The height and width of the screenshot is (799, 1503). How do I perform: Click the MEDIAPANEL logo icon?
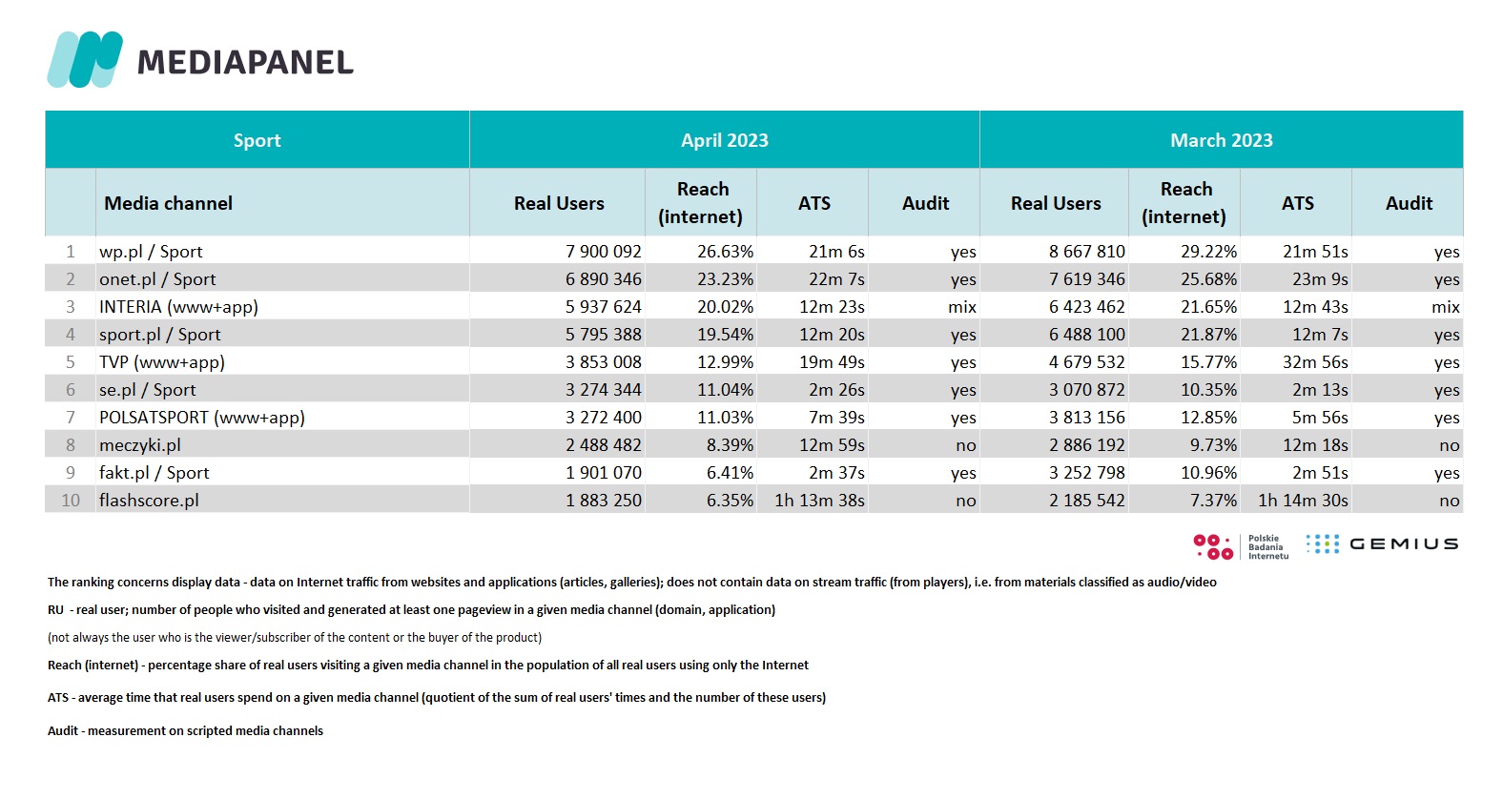85,59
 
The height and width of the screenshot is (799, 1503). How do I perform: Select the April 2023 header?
725,140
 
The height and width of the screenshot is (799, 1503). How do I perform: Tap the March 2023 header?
1221,140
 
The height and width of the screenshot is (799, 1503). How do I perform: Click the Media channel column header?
169,203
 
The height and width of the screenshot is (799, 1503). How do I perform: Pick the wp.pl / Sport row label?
151,252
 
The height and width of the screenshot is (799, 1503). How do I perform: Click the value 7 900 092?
604,252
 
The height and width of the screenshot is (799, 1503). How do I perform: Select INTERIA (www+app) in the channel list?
178,307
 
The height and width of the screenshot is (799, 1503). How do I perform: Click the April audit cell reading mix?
962,307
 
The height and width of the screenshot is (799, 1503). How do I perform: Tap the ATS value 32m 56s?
1315,362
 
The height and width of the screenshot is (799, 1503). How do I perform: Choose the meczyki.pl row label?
140,445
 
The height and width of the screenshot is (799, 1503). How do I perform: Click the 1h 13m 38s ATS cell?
819,501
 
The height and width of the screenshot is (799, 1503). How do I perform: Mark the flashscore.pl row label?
149,501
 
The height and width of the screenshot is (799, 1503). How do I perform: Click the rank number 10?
71,501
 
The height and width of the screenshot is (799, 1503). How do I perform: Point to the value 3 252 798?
1087,473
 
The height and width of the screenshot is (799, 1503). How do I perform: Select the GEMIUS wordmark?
1404,544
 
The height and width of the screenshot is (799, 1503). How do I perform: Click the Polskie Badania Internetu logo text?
1268,546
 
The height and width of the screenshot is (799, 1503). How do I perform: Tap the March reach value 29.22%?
1208,252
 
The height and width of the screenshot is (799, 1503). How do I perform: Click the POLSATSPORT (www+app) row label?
202,418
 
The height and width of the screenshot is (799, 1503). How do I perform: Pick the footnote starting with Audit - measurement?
185,730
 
